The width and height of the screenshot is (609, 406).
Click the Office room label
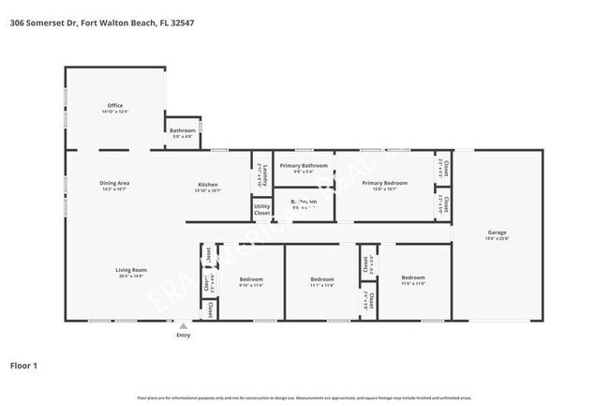point(114,105)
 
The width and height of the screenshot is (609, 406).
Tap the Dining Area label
point(114,183)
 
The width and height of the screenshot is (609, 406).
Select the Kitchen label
point(207,184)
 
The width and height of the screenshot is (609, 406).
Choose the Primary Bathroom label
point(304,165)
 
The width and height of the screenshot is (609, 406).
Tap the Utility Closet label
point(262,209)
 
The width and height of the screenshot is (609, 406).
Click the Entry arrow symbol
point(183,326)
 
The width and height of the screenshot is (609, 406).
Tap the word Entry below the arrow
point(183,335)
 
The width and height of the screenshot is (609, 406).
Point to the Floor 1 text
point(23,365)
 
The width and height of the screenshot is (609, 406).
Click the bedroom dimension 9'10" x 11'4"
point(251,284)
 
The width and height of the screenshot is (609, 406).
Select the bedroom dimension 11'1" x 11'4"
point(322,284)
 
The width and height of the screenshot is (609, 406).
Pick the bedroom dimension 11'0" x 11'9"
point(413,282)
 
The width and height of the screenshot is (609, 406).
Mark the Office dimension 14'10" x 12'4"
point(114,112)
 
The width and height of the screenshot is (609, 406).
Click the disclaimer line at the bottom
point(304,398)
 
